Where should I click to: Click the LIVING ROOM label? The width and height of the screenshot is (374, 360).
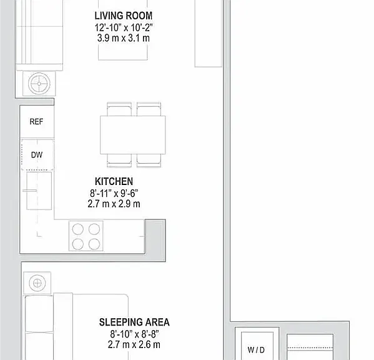[x=124, y=16]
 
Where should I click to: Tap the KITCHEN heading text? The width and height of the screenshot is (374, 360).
[x=114, y=181]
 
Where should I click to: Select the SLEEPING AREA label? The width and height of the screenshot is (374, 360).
[x=134, y=322]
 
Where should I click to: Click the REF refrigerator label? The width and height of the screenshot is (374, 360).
[x=36, y=122]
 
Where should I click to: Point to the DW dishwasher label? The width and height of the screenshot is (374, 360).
[x=37, y=155]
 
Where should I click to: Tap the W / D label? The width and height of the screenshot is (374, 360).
[x=256, y=350]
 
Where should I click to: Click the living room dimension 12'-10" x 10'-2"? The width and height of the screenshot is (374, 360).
[x=124, y=27]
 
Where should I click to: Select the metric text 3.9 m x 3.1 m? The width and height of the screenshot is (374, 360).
[x=124, y=38]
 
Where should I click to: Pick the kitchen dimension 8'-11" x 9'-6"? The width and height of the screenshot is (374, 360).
[x=114, y=193]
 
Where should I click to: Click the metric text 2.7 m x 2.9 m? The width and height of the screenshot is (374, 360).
[x=114, y=204]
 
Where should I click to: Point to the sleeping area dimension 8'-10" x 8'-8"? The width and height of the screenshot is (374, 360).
[x=134, y=334]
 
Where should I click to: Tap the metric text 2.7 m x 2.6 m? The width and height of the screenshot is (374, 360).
[x=134, y=345]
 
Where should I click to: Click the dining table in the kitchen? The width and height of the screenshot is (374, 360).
[x=132, y=135]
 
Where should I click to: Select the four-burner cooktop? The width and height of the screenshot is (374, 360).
[x=86, y=236]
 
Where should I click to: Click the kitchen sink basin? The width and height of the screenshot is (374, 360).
[x=39, y=191]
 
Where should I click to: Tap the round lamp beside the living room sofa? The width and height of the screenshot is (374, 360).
[x=39, y=84]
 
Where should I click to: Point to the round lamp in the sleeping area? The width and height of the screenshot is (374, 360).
[x=37, y=283]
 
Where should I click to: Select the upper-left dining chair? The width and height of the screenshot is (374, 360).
[x=119, y=109]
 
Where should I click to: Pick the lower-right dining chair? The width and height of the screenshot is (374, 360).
[x=149, y=161]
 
